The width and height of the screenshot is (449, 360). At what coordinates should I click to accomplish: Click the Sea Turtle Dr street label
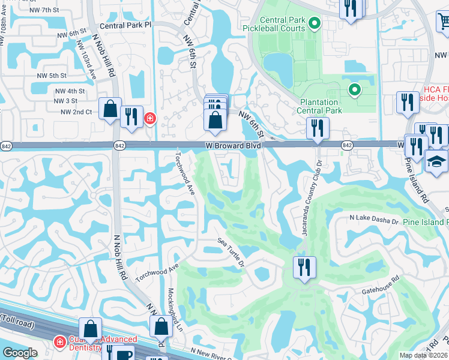[x=232, y=251]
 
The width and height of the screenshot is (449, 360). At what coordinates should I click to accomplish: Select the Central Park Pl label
[x=126, y=26]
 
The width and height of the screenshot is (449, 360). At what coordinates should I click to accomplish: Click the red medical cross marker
[x=149, y=119]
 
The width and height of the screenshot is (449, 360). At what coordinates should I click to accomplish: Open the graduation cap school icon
[x=436, y=161]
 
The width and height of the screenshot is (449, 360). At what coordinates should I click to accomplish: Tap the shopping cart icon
[x=444, y=22]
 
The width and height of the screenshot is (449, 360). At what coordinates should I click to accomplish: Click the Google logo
[x=20, y=353]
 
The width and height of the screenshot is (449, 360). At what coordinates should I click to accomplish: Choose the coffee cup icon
[x=125, y=354]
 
